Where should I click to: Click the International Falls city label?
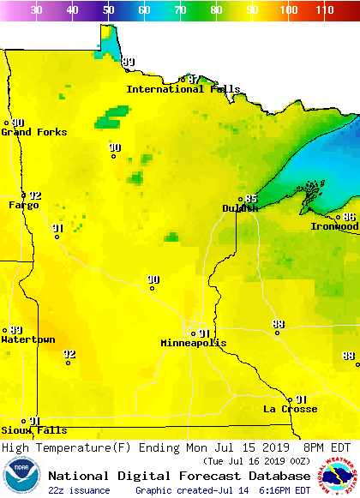(x=177, y=89)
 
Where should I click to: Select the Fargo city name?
(x=24, y=205)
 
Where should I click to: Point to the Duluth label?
(x=240, y=208)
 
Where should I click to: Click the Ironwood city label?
(x=334, y=226)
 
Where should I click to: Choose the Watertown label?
(x=27, y=339)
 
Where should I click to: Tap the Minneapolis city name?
(x=194, y=343)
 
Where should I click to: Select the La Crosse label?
(x=290, y=409)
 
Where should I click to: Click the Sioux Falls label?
(x=33, y=430)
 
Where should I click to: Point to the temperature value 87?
(x=194, y=79)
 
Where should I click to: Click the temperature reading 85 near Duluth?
(x=251, y=199)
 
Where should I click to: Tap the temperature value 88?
(x=348, y=356)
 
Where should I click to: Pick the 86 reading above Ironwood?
(x=349, y=217)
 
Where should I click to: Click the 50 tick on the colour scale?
(x=108, y=10)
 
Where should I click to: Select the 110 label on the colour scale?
(x=323, y=10)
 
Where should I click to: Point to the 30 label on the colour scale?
(x=36, y=10)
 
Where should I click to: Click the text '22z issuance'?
(x=79, y=490)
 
